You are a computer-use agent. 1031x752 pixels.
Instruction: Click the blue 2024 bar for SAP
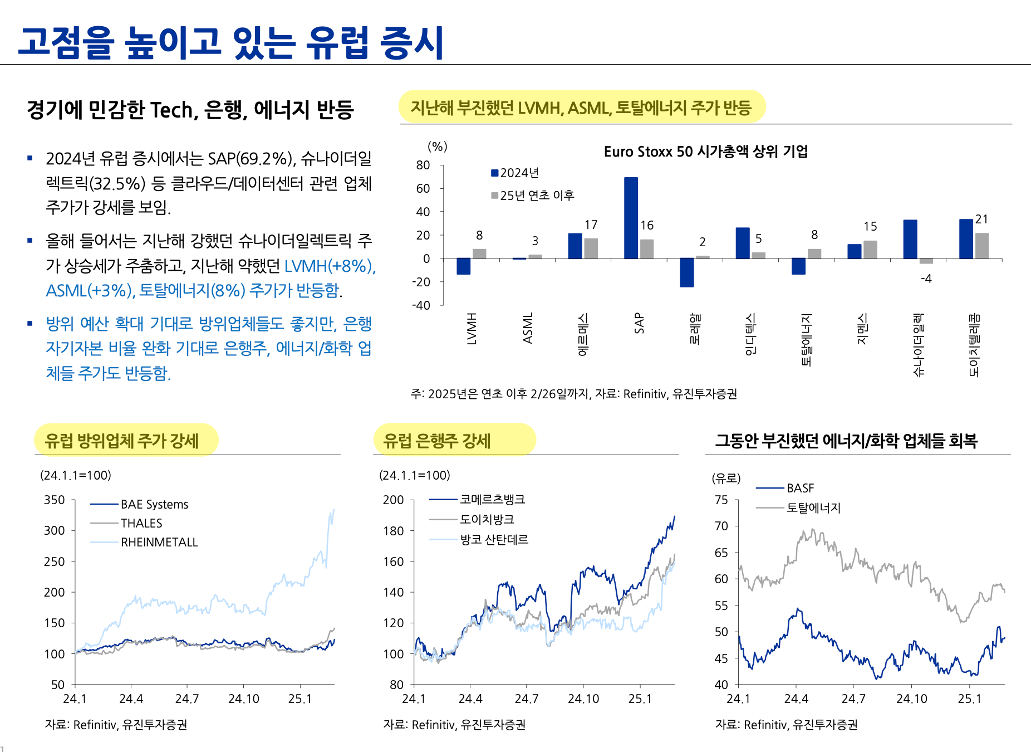tap(631, 218)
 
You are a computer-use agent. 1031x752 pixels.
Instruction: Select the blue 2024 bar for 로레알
tap(686, 272)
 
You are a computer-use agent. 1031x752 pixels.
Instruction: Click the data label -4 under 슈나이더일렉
tap(926, 279)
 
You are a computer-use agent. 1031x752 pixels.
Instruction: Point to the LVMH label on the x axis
tap(472, 329)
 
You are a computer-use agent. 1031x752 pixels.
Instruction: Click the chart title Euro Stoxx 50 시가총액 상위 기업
tap(705, 152)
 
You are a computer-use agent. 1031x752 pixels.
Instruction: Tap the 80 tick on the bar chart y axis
tap(423, 165)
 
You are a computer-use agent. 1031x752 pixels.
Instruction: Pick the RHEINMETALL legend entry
tap(159, 542)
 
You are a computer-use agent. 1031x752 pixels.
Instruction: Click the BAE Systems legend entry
tap(154, 504)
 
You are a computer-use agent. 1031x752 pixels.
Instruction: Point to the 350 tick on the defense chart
tap(55, 500)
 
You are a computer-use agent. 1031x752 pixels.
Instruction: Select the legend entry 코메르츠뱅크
tap(492, 500)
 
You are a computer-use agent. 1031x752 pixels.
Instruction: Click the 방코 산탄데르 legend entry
tap(494, 539)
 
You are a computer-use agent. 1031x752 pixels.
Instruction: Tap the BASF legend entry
tap(800, 488)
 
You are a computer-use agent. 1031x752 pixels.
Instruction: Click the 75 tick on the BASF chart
tap(721, 500)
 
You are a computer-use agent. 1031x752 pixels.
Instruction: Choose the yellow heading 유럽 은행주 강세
tap(437, 441)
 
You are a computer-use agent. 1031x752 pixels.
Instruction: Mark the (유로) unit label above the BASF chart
tap(726, 478)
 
